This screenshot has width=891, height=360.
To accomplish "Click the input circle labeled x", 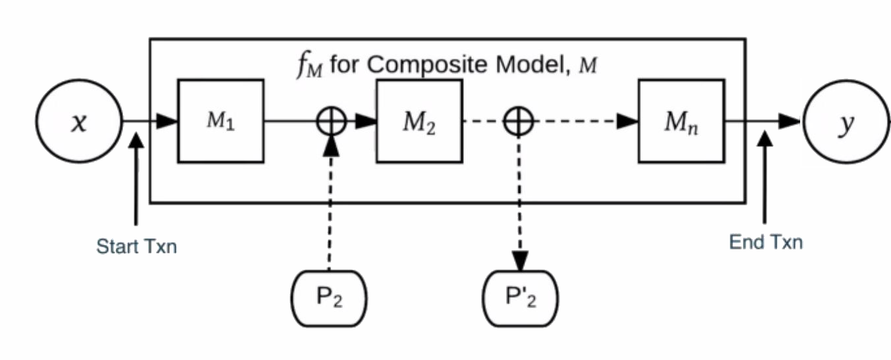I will [79, 122].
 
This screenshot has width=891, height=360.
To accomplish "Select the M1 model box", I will [220, 121].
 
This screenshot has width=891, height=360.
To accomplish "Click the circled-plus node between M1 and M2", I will [330, 122].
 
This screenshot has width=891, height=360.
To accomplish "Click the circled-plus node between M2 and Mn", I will [519, 122].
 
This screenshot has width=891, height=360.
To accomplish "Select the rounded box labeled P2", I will [329, 298].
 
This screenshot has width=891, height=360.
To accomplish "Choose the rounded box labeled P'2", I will [521, 298].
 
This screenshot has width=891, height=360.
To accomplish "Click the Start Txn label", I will [136, 247].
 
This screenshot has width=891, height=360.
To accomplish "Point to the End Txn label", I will [765, 242].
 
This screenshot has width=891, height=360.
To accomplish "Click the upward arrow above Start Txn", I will [136, 178].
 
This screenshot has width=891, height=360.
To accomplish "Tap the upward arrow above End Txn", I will [765, 174].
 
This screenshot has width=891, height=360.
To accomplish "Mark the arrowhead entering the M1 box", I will [168, 121].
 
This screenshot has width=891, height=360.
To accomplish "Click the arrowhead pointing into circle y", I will [790, 121].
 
